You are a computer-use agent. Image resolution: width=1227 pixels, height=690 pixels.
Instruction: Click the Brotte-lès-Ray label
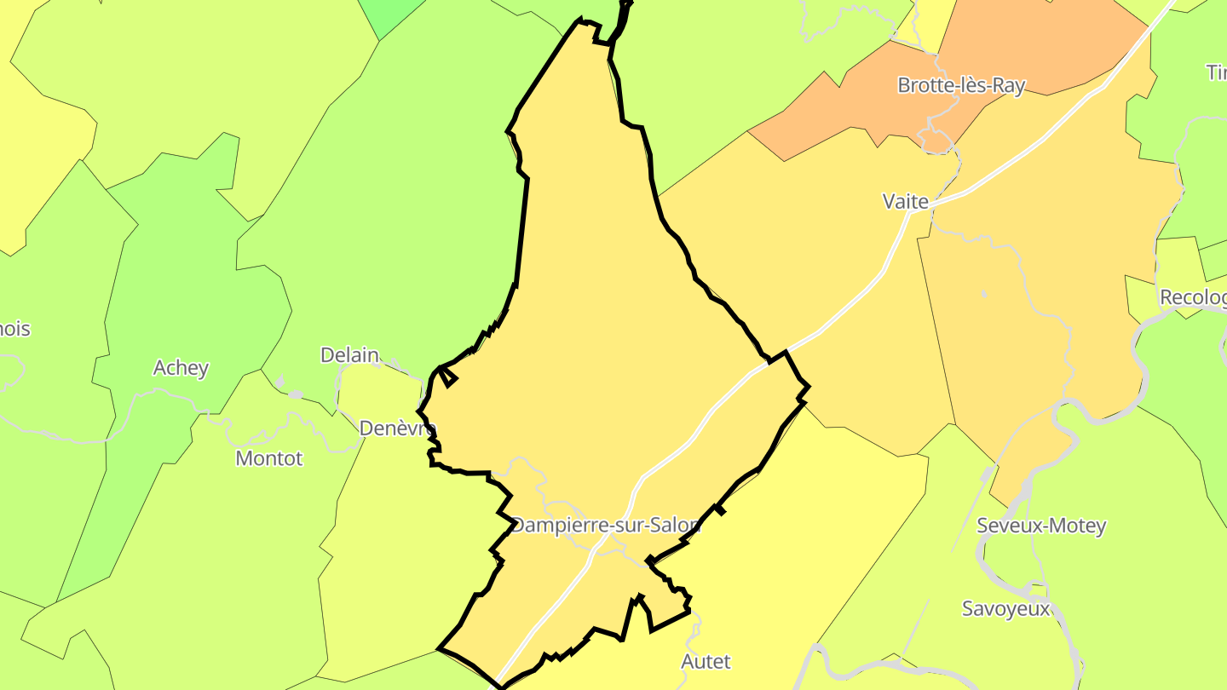coord(961,85)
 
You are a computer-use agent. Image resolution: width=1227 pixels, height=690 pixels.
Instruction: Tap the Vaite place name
coord(905,201)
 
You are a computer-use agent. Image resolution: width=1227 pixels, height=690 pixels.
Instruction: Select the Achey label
coord(181,368)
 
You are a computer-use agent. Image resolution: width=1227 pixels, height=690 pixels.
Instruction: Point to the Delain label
coord(349,355)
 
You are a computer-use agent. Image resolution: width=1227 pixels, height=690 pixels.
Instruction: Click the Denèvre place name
coord(397,428)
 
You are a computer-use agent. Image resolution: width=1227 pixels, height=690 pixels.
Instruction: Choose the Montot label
coord(269,458)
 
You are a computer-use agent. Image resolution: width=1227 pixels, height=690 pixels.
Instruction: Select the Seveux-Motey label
coord(1041,526)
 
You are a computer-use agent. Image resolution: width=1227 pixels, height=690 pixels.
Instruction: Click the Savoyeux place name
coord(1005,609)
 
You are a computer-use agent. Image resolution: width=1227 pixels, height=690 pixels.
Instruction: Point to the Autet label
coord(706,661)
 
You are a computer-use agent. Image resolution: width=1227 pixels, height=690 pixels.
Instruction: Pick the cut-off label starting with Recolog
coord(1193,297)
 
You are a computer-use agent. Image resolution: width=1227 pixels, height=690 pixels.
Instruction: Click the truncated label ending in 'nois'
coord(14,329)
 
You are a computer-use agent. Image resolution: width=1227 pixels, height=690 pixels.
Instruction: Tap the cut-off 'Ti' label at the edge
coord(1217,72)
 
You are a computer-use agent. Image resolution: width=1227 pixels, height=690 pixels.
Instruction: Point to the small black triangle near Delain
coord(448,376)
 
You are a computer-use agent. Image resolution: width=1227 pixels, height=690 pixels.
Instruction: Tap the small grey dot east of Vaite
coord(984,294)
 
